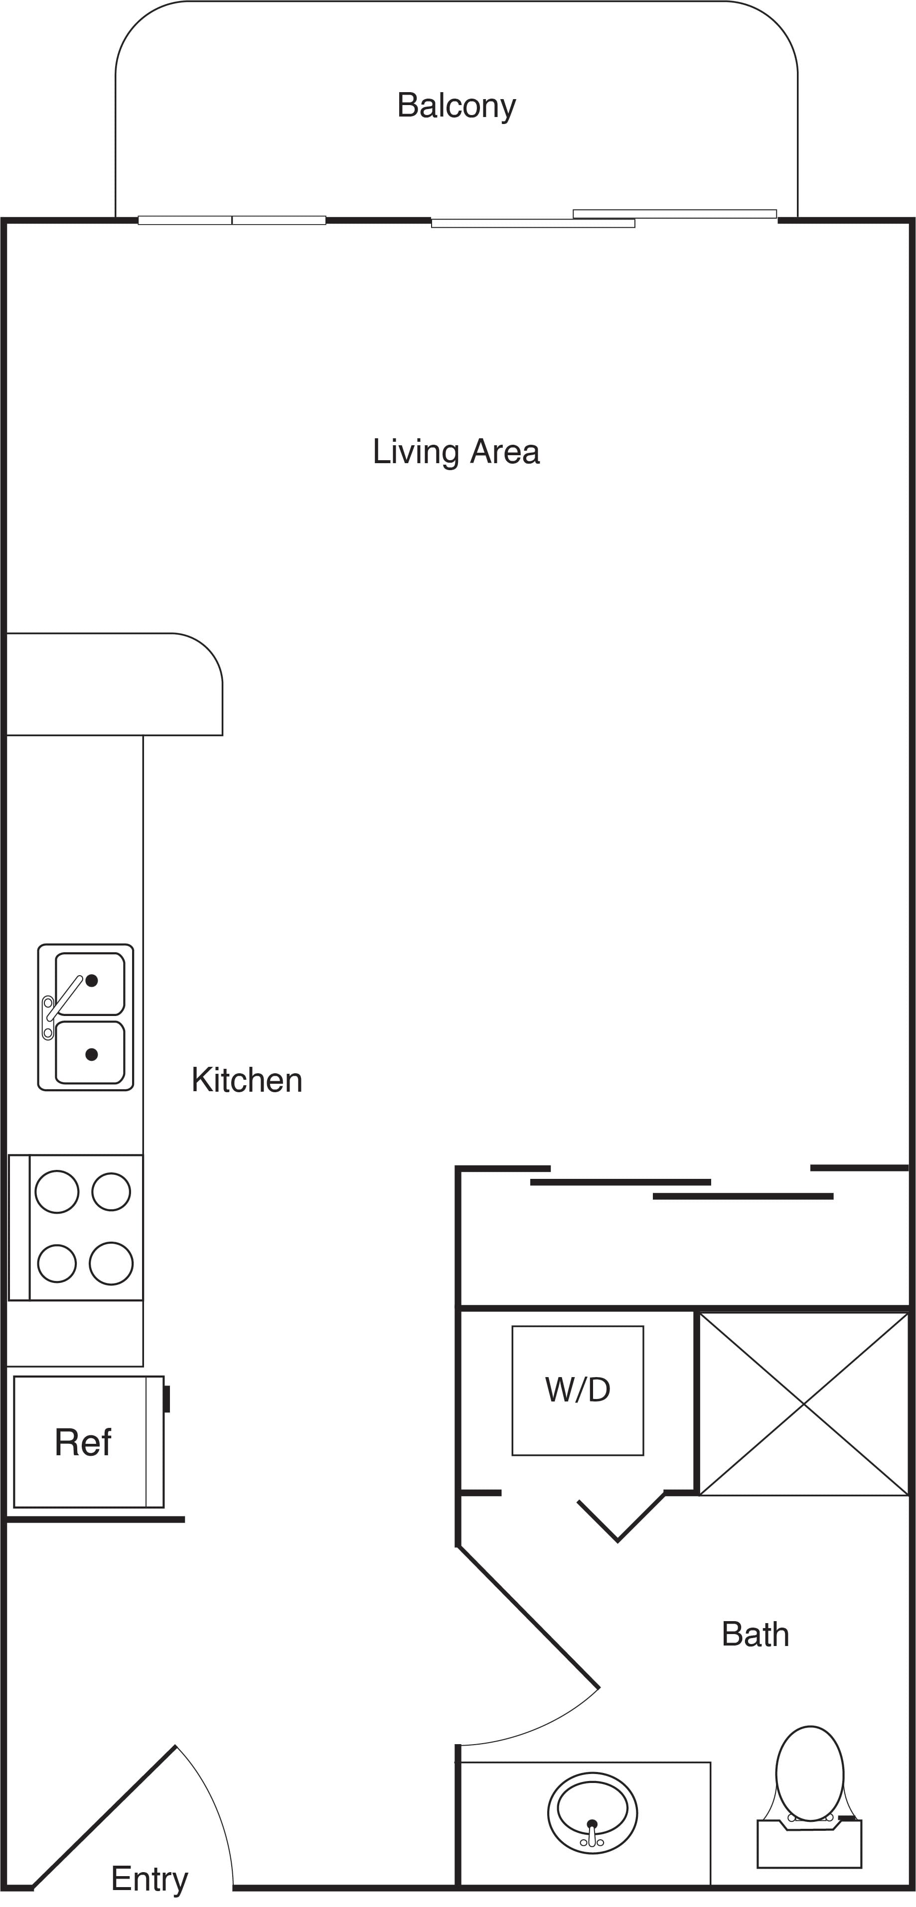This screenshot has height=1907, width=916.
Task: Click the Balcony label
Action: point(456,106)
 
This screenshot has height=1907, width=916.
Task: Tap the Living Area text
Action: point(456,452)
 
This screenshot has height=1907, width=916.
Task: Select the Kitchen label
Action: point(247,1080)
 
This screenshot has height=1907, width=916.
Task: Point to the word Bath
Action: point(756,1635)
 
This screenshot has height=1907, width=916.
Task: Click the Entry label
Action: point(150,1879)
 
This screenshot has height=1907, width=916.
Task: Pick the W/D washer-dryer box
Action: point(578,1390)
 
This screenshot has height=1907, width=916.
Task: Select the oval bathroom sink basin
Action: point(593,1812)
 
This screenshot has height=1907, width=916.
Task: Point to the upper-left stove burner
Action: point(57,1192)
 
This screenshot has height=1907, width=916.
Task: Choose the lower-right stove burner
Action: point(111,1263)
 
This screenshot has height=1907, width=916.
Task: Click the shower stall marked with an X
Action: point(803,1403)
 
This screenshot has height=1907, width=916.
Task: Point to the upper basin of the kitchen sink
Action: point(90,984)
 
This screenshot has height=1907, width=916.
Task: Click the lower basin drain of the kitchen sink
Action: point(92,1054)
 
